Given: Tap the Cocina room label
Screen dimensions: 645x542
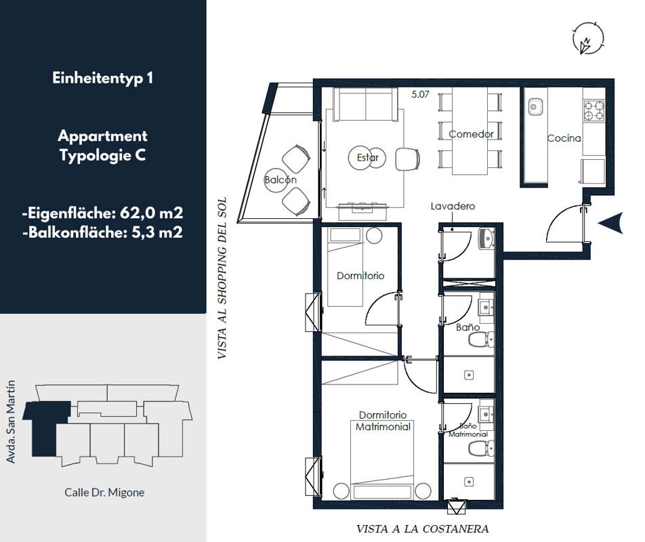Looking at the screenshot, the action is [564, 138].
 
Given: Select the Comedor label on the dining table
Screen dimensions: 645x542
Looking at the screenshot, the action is [471, 134].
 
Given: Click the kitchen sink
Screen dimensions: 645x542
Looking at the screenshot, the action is [535, 107].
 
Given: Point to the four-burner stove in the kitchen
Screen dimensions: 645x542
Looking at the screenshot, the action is [594, 110].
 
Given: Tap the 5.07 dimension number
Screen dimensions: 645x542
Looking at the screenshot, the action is [420, 95].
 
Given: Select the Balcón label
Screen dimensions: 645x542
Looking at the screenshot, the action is [280, 180].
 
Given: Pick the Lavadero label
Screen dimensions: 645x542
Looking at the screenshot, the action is [453, 206].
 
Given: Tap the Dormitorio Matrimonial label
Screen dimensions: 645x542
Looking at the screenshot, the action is [383, 421].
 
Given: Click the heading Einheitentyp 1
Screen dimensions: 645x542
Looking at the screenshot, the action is [103, 78].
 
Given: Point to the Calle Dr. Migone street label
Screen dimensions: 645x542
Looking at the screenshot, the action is [104, 493].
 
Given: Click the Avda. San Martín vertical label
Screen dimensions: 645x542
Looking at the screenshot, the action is [11, 421].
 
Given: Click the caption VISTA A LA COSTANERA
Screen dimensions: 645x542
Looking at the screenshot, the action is [423, 529].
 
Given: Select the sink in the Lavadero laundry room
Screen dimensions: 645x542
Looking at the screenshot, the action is [486, 238].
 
